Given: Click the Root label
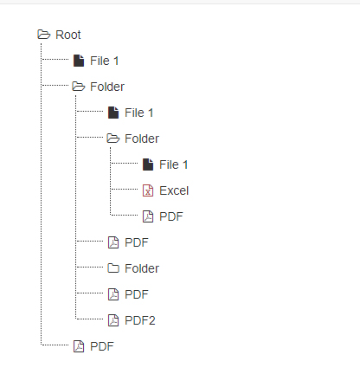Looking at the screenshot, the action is point(68,35).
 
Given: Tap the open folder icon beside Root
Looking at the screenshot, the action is point(44,35).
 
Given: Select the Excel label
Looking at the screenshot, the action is point(174,190).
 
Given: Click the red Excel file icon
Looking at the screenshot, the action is point(148,190).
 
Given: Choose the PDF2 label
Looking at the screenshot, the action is point(140,320).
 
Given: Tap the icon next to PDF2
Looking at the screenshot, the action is point(113,320).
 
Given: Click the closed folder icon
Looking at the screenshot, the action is point(113,268).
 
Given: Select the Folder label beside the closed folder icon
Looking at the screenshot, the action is point(142,268).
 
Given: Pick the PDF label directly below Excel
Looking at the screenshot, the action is point(171,216).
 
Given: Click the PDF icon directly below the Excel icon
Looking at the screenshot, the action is point(148,216).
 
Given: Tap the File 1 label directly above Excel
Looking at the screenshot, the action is point(174,164).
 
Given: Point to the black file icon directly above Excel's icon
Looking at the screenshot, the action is point(148,164).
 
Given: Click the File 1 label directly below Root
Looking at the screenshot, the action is point(105,61).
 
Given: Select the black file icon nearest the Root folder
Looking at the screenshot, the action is point(79,61).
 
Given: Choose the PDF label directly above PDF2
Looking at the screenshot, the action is point(137,294).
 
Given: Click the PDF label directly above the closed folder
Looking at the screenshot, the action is point(137,242).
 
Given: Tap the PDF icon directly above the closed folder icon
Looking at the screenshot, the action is point(113,242).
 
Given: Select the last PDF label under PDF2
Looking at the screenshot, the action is point(102,346).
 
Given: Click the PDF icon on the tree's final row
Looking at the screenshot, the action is point(79,346).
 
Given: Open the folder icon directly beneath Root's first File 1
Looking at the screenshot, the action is point(79,87).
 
